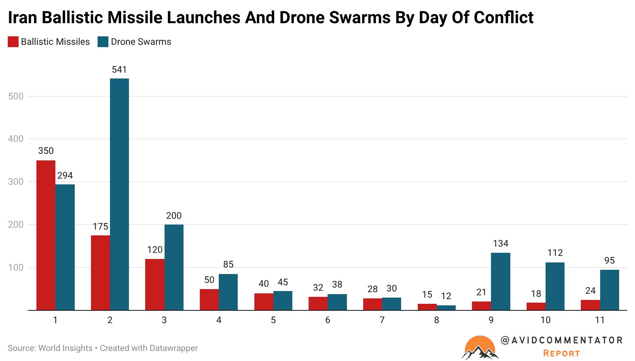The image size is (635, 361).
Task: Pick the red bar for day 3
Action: click(154, 284)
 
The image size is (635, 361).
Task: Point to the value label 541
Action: click(119, 70)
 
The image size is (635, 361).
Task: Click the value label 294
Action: click(65, 175)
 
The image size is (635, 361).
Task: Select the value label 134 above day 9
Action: click(500, 244)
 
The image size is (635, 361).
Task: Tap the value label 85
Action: click(228, 264)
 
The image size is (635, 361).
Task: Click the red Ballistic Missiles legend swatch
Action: click(13, 42)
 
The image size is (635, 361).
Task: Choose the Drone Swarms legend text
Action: click(141, 42)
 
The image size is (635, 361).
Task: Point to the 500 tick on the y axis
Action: click(16, 96)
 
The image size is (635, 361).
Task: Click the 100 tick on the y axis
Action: click(16, 267)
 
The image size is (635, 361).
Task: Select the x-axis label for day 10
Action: click(545, 320)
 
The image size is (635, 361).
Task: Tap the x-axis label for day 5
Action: click(273, 320)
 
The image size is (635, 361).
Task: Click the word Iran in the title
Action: click(22, 18)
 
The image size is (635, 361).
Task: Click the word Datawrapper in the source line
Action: click(173, 348)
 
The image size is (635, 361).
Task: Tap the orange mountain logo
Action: click(480, 347)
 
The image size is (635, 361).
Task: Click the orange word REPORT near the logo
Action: click(561, 353)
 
